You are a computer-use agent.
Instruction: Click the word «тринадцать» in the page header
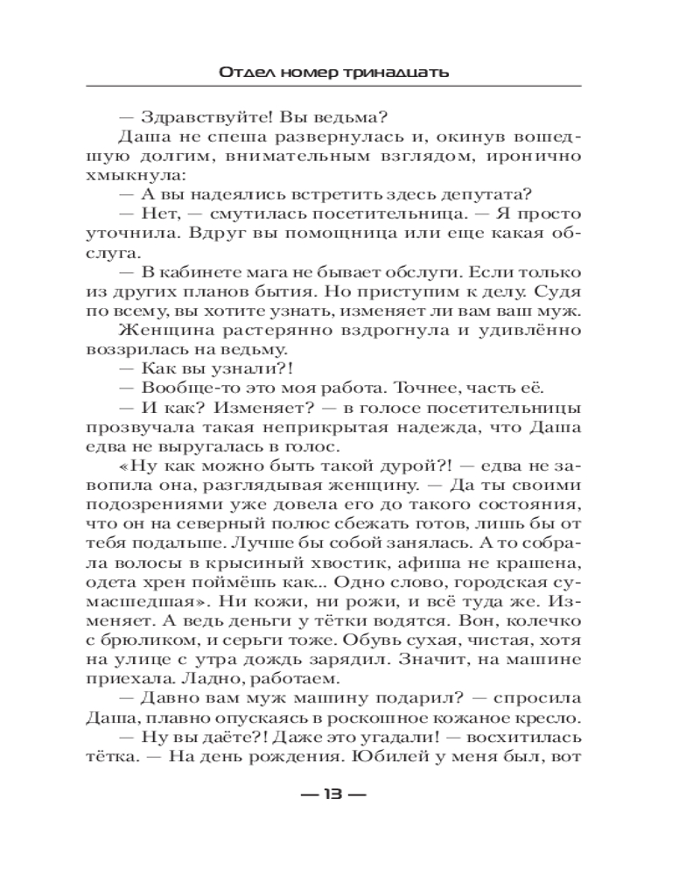395,72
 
